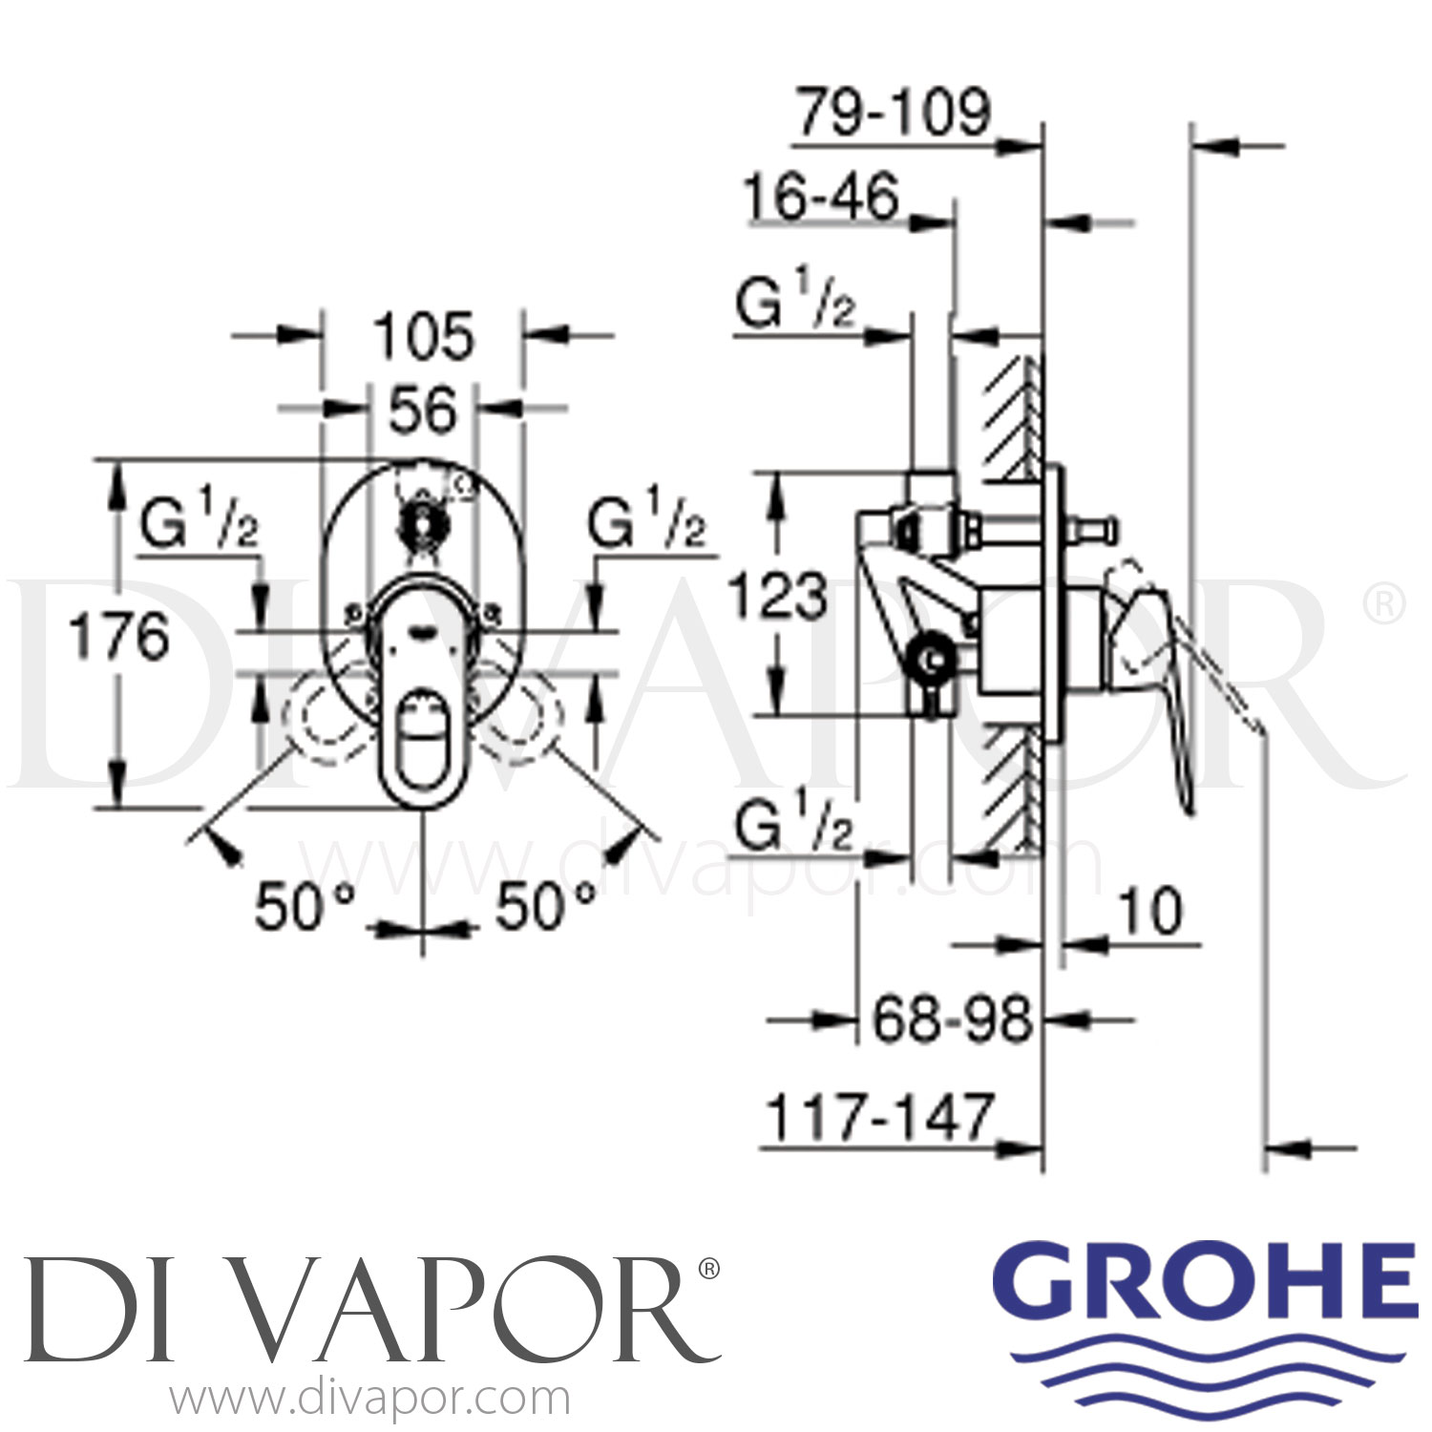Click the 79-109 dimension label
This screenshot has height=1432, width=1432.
click(x=895, y=113)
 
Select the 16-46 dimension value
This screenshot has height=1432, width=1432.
click(x=821, y=198)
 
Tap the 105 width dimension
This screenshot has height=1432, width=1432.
click(x=423, y=337)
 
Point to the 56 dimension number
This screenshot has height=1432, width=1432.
click(x=423, y=411)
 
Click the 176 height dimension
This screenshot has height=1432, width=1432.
click(x=119, y=637)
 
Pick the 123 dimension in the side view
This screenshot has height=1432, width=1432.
click(x=778, y=597)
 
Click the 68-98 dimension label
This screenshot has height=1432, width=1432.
click(x=952, y=1019)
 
